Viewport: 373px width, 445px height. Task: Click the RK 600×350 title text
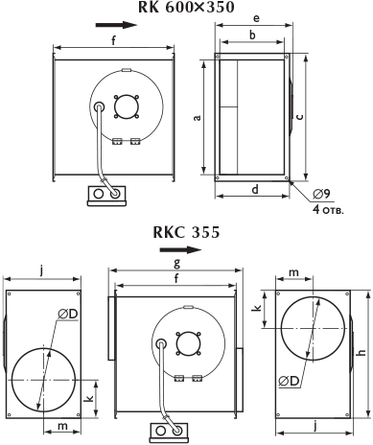pyautogui.click(x=186, y=7)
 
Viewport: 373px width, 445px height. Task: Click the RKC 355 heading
pyautogui.click(x=186, y=232)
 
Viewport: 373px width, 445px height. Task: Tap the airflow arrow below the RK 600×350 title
pyautogui.click(x=116, y=25)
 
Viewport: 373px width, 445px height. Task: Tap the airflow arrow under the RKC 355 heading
pyautogui.click(x=180, y=249)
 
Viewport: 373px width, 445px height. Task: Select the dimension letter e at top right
pyautogui.click(x=256, y=18)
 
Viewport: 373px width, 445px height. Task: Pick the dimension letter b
pyautogui.click(x=252, y=35)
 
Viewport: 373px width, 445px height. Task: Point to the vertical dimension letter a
pyautogui.click(x=198, y=117)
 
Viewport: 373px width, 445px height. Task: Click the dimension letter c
pyautogui.click(x=299, y=117)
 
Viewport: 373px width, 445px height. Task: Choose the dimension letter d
pyautogui.click(x=255, y=190)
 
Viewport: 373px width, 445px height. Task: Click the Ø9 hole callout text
pyautogui.click(x=322, y=194)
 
